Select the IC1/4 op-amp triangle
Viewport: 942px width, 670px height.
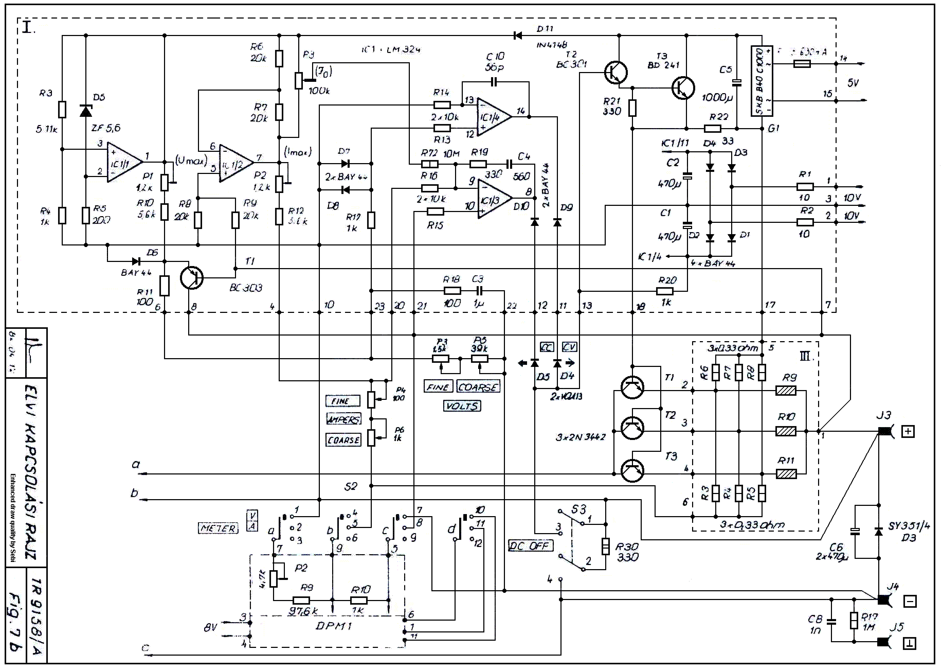click(x=492, y=117)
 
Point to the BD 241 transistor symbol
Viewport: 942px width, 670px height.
click(x=683, y=88)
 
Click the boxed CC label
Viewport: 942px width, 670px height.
click(x=547, y=347)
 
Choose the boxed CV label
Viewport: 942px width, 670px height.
click(x=569, y=347)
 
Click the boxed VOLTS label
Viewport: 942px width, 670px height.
click(x=462, y=406)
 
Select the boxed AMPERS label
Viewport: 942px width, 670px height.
click(x=343, y=419)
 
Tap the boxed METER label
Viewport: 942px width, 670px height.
click(x=219, y=528)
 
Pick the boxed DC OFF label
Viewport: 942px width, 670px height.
click(x=530, y=545)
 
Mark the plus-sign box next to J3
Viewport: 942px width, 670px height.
click(x=908, y=431)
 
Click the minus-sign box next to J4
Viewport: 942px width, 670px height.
click(x=909, y=601)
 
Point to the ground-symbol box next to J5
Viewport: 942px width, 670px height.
click(x=909, y=643)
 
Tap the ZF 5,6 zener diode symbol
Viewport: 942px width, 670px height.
click(x=86, y=111)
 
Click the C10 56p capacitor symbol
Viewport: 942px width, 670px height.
click(x=494, y=82)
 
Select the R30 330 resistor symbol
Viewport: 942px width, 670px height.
click(x=606, y=546)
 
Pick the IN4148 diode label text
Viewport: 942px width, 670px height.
click(x=551, y=45)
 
